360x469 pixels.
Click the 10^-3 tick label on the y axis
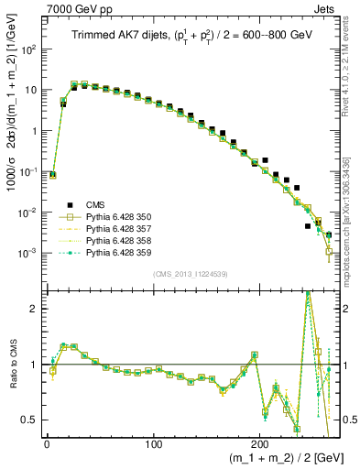coord(29,253)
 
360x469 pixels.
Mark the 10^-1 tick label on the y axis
coord(29,171)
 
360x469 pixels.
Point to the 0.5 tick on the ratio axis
coord(32,420)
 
